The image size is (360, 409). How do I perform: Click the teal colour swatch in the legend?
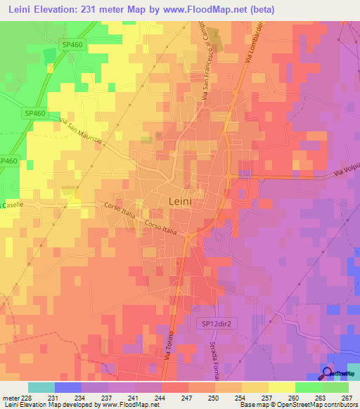[x=41, y=387]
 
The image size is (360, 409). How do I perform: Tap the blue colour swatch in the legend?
[x=68, y=387]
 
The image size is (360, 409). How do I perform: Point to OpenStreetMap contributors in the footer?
[x=323, y=405]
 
